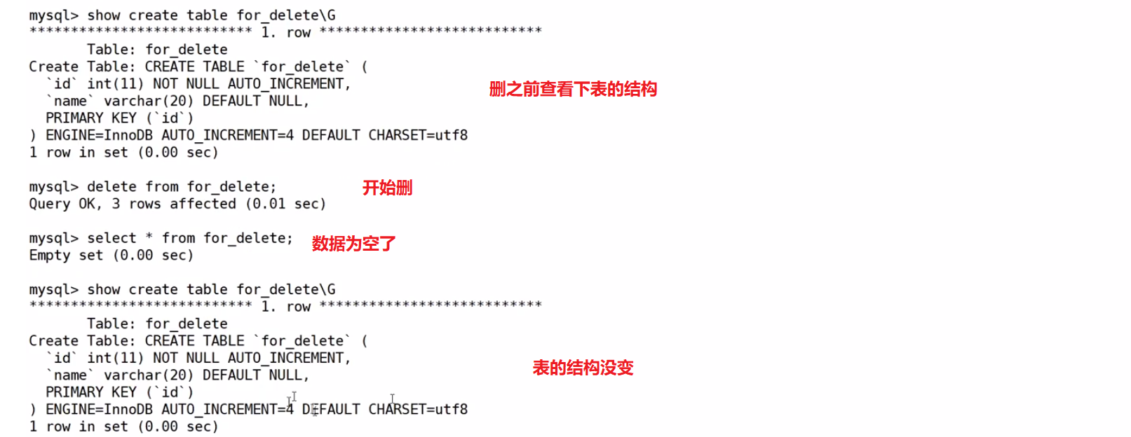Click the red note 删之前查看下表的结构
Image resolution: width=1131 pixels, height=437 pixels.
pos(573,89)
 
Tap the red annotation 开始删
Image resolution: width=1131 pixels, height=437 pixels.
pos(387,188)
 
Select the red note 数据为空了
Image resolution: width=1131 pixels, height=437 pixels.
pos(353,244)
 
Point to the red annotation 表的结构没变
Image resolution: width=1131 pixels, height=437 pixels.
pos(583,368)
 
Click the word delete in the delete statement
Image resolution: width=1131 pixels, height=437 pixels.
pos(111,187)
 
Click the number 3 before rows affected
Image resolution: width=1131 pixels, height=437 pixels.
pos(116,204)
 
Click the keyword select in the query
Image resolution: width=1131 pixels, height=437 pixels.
pos(111,238)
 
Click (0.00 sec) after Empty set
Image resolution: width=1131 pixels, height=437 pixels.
pos(153,256)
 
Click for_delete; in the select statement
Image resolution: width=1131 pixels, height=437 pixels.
pos(248,238)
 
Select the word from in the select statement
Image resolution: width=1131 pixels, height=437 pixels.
pos(178,238)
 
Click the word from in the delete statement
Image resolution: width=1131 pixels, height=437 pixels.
pos(162,187)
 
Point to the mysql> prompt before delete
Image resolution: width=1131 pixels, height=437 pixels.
pos(53,187)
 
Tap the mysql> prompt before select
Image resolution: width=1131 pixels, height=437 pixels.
pos(53,238)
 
